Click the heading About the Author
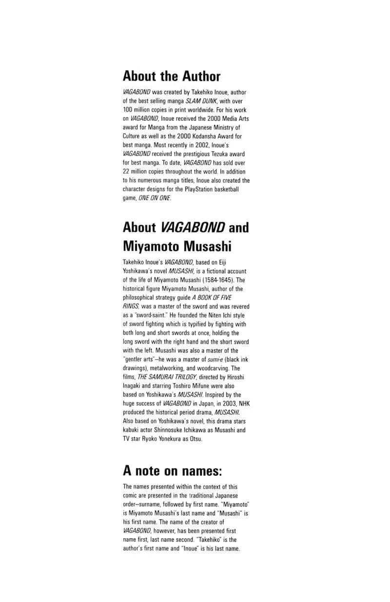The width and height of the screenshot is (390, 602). pos(172,76)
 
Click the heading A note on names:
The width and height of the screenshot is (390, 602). pos(172,471)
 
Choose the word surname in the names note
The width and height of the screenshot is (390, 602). pos(154,504)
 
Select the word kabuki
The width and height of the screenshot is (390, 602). pos(131,430)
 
